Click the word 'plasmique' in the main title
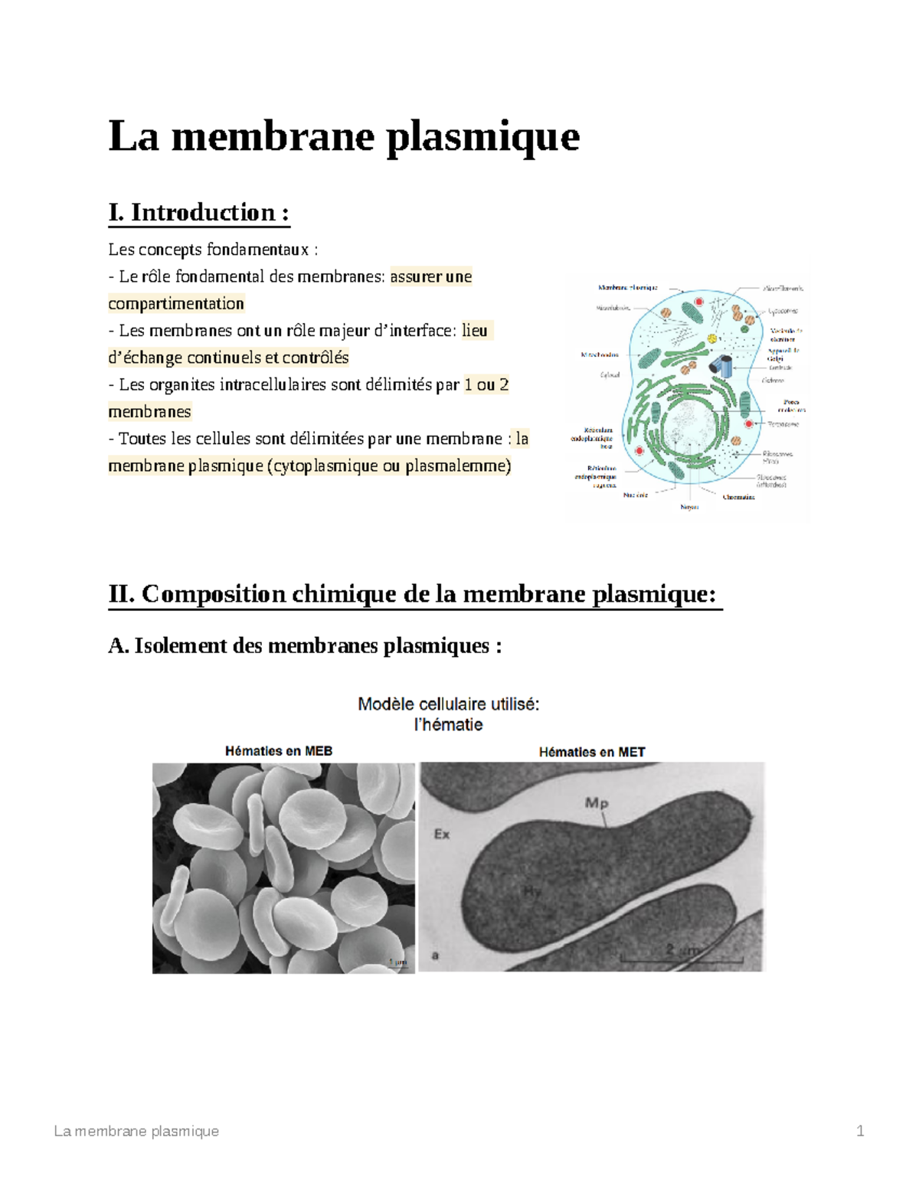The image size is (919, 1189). tap(482, 138)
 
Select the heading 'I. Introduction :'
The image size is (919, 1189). tap(199, 213)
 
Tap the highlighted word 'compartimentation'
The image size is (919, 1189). tap(176, 304)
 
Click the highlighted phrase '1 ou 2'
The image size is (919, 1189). tap(486, 385)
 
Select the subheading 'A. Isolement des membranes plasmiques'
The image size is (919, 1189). tap(305, 646)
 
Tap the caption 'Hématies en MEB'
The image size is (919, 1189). tap(279, 751)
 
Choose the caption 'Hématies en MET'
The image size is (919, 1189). tap(591, 752)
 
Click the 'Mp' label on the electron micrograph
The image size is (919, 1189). tap(597, 803)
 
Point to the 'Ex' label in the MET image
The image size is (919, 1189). tap(442, 834)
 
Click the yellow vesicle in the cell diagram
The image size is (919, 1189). tap(712, 338)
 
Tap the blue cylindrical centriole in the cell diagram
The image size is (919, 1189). tap(721, 365)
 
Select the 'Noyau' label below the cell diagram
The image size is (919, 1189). tap(689, 507)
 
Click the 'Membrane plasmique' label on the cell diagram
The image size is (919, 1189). tap(627, 288)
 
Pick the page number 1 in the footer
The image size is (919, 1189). tap(860, 1131)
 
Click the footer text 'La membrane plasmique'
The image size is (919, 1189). tap(136, 1131)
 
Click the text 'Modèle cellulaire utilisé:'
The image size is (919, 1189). tap(449, 704)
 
